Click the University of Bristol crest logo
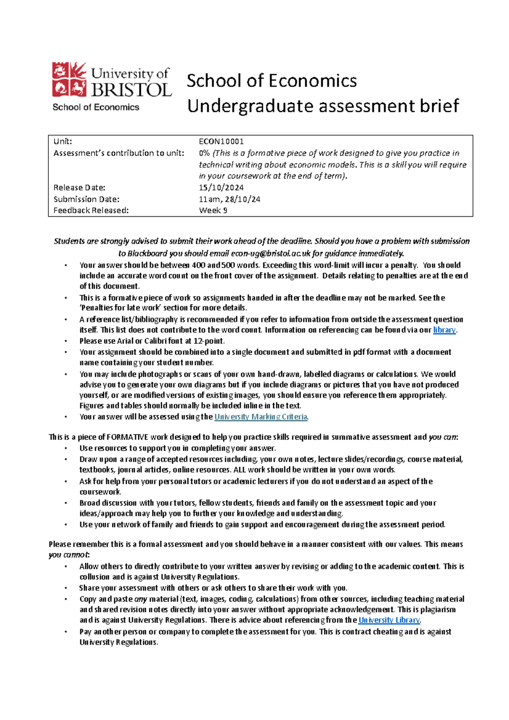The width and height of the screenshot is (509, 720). coord(69,79)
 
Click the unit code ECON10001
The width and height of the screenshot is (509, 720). coord(221,142)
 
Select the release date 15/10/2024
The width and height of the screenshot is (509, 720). coord(221,187)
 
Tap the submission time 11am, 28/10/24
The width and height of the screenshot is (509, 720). coord(229,199)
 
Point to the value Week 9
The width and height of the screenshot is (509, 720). coord(213,210)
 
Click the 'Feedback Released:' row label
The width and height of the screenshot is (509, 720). coord(91,210)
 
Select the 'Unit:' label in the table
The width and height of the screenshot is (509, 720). coord(63,142)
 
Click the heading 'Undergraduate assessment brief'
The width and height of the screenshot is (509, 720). coord(323,106)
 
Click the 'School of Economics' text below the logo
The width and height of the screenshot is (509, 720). coord(96,107)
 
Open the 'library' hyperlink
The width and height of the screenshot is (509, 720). coord(444,330)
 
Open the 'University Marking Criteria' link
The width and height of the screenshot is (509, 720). coord(260,417)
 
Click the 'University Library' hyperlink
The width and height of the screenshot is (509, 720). coord(389,620)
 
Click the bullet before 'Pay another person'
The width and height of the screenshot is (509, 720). coord(66,632)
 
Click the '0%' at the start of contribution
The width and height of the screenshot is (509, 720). coord(204,153)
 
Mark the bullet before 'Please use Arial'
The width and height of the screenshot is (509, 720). coord(66,341)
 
